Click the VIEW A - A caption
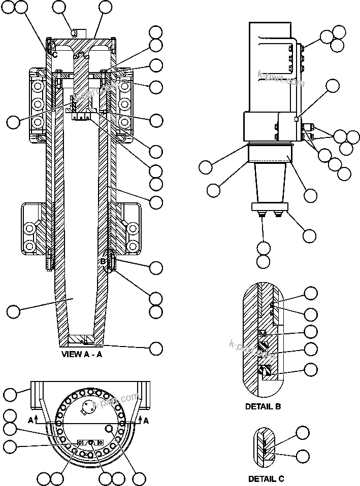point(82,355)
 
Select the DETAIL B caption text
point(263,406)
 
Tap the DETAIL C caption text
point(266,478)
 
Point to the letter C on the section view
point(55,54)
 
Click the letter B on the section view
point(103,261)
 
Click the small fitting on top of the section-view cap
point(74,32)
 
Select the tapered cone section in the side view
point(270,183)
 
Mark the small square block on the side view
point(296,119)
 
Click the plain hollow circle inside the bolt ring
point(108,429)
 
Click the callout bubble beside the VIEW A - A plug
point(156,348)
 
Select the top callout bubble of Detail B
point(310,293)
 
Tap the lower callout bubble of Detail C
point(303,456)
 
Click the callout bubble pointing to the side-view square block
point(332,85)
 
